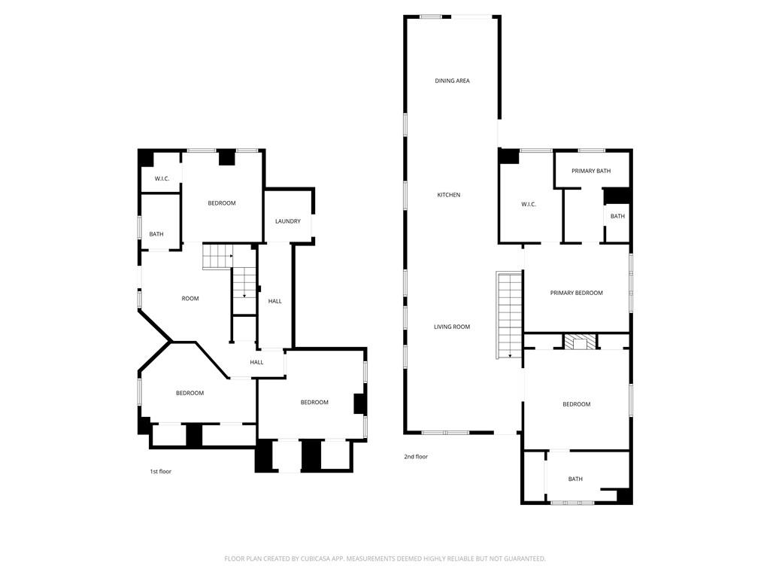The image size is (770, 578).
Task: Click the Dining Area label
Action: coord(452,81)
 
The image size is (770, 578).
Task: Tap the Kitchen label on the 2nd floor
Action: coord(449,195)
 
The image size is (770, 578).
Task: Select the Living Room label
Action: coord(452,327)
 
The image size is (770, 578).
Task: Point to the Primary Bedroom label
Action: coord(576,293)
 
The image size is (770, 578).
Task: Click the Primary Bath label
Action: coord(591,171)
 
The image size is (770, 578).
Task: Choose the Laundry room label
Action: coord(288,221)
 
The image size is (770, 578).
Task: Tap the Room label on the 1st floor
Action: coord(190,298)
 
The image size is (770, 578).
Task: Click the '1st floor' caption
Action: coord(161,471)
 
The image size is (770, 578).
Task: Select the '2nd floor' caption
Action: coord(416,457)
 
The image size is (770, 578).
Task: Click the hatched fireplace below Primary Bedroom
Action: coord(580,342)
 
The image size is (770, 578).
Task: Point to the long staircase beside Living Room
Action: coord(509,315)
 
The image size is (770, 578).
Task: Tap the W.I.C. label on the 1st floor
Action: coord(162,178)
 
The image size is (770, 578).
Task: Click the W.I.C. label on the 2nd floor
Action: coord(529,204)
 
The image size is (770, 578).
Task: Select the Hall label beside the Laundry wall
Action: coord(275,301)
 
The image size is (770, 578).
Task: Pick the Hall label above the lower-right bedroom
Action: coord(256,362)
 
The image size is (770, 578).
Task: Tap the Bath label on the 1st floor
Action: coord(156,234)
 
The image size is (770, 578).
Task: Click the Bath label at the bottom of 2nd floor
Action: coord(575,479)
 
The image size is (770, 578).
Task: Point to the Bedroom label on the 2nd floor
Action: coord(577,404)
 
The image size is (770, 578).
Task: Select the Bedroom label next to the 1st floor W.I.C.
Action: coord(222,203)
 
